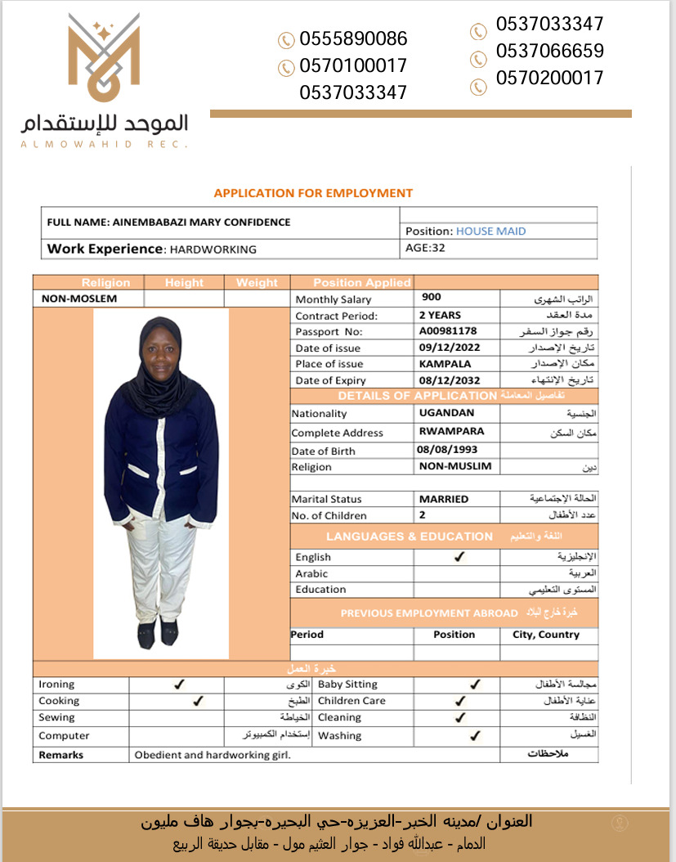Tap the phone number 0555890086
coord(353,38)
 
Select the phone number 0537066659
coord(549,51)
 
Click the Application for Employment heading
coord(313,193)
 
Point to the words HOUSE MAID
coord(490,231)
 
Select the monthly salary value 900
coord(432,298)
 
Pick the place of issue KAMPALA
coord(445,364)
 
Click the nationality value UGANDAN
coord(446,413)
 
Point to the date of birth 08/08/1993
coord(446,450)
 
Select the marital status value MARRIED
coord(444,499)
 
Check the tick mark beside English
coord(459,556)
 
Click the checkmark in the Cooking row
coord(196,701)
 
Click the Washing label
coord(339,735)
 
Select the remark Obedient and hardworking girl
coord(213,755)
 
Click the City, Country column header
coord(546,634)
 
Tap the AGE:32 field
coord(425,248)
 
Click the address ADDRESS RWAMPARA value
coord(451,431)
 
